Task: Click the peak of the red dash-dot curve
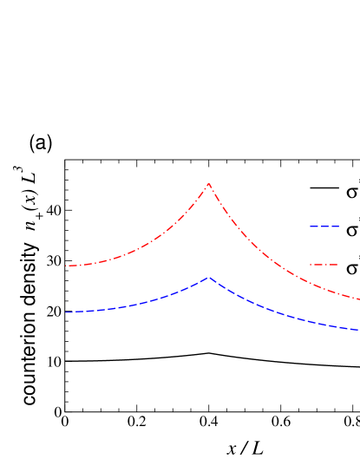click(x=209, y=184)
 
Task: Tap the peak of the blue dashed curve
click(x=209, y=278)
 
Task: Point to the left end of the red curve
click(x=68, y=266)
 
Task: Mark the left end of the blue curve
click(x=67, y=312)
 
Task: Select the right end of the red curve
click(x=358, y=299)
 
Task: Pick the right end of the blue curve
click(x=357, y=329)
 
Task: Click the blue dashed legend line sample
click(x=324, y=226)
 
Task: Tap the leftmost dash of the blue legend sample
click(x=314, y=226)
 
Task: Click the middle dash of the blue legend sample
click(x=324, y=226)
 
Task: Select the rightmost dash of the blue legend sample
click(x=335, y=226)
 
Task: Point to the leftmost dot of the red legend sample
click(x=311, y=265)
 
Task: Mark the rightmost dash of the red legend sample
click(x=333, y=265)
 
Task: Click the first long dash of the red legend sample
click(x=318, y=265)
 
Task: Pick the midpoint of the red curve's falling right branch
click(x=284, y=270)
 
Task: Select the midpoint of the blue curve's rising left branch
click(x=138, y=302)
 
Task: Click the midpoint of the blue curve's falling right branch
click(x=284, y=313)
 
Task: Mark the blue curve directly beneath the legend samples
click(x=324, y=324)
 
